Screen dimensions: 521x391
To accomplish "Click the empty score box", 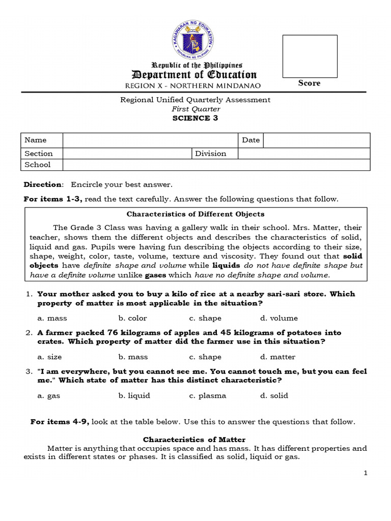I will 310,56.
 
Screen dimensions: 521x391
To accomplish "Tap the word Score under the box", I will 310,83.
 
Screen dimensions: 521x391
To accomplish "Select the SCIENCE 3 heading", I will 195,118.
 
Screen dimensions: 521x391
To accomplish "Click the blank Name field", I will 150,140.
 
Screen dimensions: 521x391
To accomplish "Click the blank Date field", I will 316,140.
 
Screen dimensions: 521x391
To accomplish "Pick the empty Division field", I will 304,153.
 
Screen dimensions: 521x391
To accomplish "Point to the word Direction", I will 43,184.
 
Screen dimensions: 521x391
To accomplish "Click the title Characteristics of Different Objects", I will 195,214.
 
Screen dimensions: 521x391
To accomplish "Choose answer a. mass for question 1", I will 52,318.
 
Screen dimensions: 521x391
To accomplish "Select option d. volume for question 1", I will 278,318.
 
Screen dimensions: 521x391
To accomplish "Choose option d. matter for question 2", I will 277,357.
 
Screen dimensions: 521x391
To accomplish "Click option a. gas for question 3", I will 49,395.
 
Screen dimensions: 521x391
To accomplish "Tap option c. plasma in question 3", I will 207,395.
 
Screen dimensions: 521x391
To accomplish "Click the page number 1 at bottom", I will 366,473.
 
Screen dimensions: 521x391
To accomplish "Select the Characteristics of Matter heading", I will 194,440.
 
